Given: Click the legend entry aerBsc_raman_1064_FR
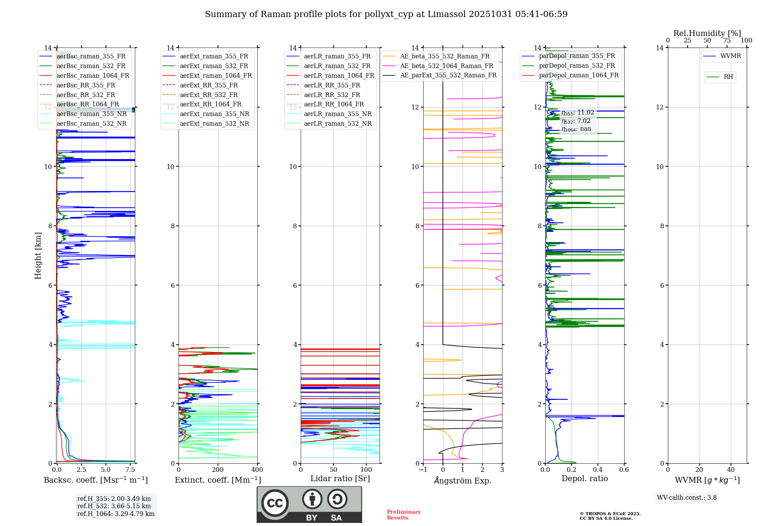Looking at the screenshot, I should [x=93, y=76].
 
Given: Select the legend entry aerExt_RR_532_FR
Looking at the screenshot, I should [x=209, y=95].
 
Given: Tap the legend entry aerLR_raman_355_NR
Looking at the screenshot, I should [x=337, y=114].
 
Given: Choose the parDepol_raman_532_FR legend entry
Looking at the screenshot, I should [x=577, y=66].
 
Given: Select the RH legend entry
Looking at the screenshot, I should [x=728, y=77].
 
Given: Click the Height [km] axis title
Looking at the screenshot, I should [x=38, y=256].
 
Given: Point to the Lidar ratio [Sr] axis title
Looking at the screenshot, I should [x=340, y=479].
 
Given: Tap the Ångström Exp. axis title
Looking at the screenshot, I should [x=463, y=481].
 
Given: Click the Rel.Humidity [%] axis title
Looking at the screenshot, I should [x=707, y=33].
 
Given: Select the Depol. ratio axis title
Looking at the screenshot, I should [x=584, y=479].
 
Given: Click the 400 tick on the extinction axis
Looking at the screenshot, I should [x=257, y=470].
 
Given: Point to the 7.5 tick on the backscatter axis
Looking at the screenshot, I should [x=130, y=470].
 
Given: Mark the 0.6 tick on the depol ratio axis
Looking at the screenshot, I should [x=624, y=470].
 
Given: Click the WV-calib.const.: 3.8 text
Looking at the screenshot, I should [x=687, y=498].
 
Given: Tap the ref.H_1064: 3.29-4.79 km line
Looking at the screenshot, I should [x=116, y=514].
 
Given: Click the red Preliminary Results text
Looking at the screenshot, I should [x=404, y=515].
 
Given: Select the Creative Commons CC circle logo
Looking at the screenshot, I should [x=275, y=503].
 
